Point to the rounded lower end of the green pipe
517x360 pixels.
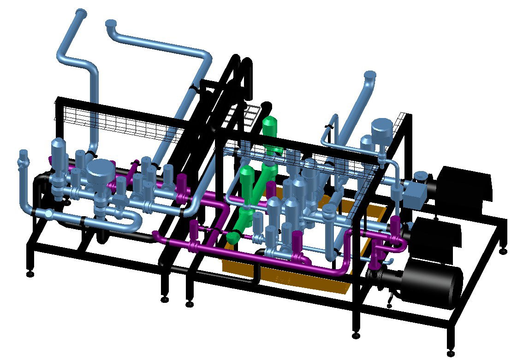(x=233, y=237)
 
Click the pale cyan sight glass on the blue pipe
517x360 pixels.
(x=48, y=213)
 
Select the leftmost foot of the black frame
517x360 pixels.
(x=30, y=274)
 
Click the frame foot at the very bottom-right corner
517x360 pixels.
(x=450, y=353)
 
